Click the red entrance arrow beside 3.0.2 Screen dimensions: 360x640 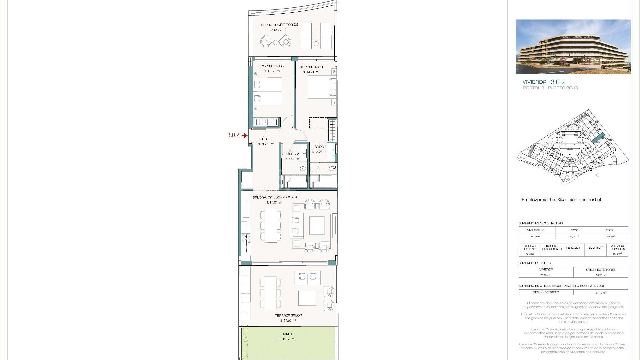point(245,135)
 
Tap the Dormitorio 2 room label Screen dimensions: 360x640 point(272,66)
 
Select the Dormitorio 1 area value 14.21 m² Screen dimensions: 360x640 point(311,72)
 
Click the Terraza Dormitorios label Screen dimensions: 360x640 point(279,25)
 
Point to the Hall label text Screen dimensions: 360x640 point(266,139)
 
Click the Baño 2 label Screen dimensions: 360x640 point(293,154)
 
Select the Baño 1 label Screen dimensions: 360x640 point(320,147)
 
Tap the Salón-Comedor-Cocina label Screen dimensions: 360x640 point(275,197)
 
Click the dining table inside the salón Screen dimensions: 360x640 point(271,226)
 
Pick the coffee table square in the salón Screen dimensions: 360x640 point(317,226)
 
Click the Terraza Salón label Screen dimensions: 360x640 point(288,315)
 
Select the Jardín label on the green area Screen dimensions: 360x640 point(287,334)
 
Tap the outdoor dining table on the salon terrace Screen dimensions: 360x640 point(271,293)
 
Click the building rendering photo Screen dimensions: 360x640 point(573,47)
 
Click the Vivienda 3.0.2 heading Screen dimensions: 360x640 point(543,82)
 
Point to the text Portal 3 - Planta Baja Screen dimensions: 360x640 point(550,88)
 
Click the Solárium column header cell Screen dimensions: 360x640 point(595,248)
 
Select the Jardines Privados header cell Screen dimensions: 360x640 point(617,247)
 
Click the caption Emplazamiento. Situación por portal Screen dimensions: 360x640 point(561,200)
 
